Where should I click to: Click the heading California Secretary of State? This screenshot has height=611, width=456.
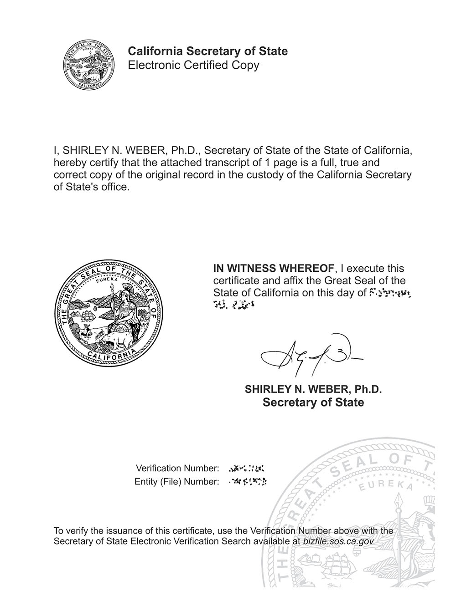(207, 51)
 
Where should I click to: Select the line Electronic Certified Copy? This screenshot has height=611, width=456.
(193, 65)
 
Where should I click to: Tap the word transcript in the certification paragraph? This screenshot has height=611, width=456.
(217, 163)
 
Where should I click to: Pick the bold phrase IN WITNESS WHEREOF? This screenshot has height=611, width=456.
(274, 268)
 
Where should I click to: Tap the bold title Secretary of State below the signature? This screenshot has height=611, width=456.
(313, 402)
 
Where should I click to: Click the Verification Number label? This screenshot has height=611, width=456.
(177, 468)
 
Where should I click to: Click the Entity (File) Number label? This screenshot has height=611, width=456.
(177, 481)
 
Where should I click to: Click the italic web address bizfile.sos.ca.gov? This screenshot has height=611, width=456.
(338, 542)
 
